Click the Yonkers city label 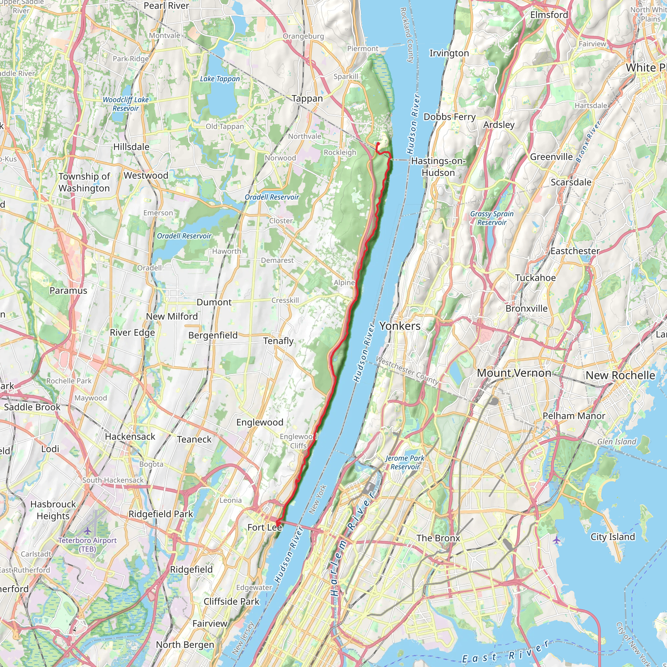point(400,326)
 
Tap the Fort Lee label point(264,527)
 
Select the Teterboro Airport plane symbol point(88,530)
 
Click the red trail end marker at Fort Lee point(277,524)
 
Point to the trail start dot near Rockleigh point(378,144)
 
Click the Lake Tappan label point(220,79)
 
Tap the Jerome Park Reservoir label point(405,462)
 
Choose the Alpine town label point(344,282)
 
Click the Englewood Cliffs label point(298,441)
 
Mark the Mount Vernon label point(514,373)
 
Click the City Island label point(613,536)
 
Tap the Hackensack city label point(130,436)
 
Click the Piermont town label point(362,49)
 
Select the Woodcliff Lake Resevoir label point(126,104)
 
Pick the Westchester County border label point(407,371)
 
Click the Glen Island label point(617,442)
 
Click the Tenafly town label point(278,341)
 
